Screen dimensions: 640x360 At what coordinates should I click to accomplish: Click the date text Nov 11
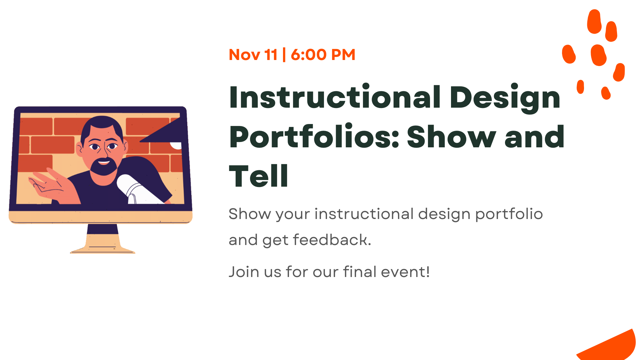click(x=253, y=55)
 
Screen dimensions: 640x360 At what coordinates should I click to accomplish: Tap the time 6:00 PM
click(x=323, y=55)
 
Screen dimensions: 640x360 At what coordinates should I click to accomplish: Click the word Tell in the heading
click(x=258, y=176)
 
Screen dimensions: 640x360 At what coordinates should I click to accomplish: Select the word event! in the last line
click(x=405, y=272)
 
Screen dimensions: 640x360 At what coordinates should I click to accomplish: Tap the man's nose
click(x=104, y=152)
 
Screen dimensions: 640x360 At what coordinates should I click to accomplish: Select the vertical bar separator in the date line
click(x=284, y=55)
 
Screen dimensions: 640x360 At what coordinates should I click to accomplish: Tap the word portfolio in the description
click(x=509, y=214)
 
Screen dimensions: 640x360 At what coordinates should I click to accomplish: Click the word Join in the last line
click(x=244, y=272)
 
